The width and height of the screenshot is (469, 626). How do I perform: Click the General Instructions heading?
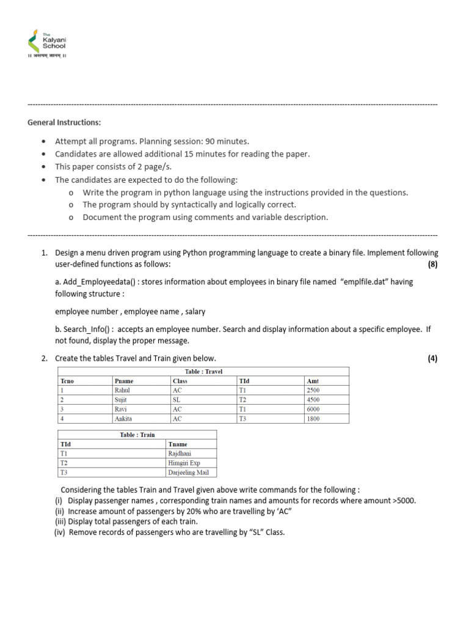pyautogui.click(x=64, y=122)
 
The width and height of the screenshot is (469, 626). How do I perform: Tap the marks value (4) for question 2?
pyautogui.click(x=432, y=358)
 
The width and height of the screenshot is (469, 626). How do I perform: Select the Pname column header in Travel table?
pyautogui.click(x=124, y=381)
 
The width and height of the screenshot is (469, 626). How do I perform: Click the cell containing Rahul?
pyautogui.click(x=122, y=390)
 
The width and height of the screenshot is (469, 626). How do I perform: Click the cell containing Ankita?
pyautogui.click(x=124, y=419)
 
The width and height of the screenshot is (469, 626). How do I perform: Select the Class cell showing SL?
pyautogui.click(x=177, y=400)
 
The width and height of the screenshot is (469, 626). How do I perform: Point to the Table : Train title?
pyautogui.click(x=137, y=435)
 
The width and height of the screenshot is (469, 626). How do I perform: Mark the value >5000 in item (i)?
pyautogui.click(x=404, y=500)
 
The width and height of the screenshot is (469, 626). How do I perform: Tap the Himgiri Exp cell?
pyautogui.click(x=184, y=463)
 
